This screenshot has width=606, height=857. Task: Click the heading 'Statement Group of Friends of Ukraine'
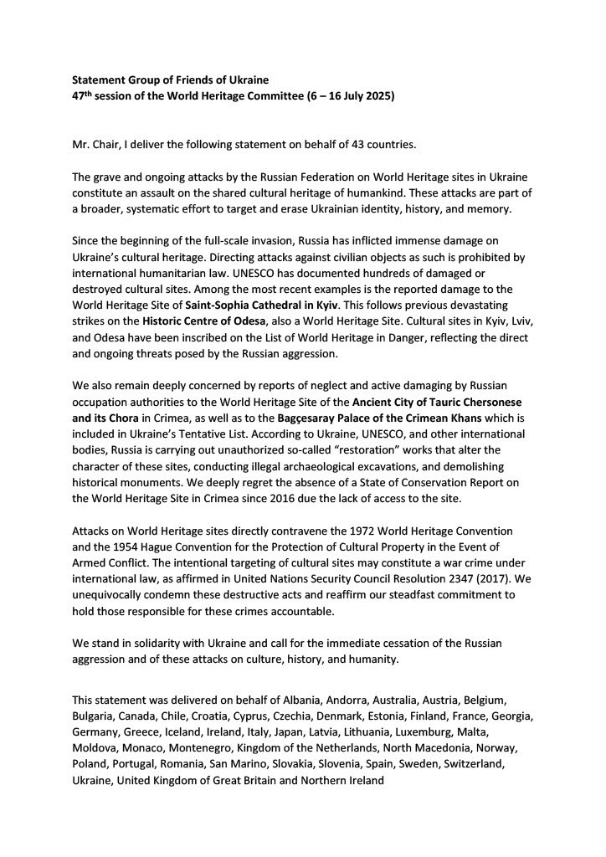(x=169, y=80)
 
